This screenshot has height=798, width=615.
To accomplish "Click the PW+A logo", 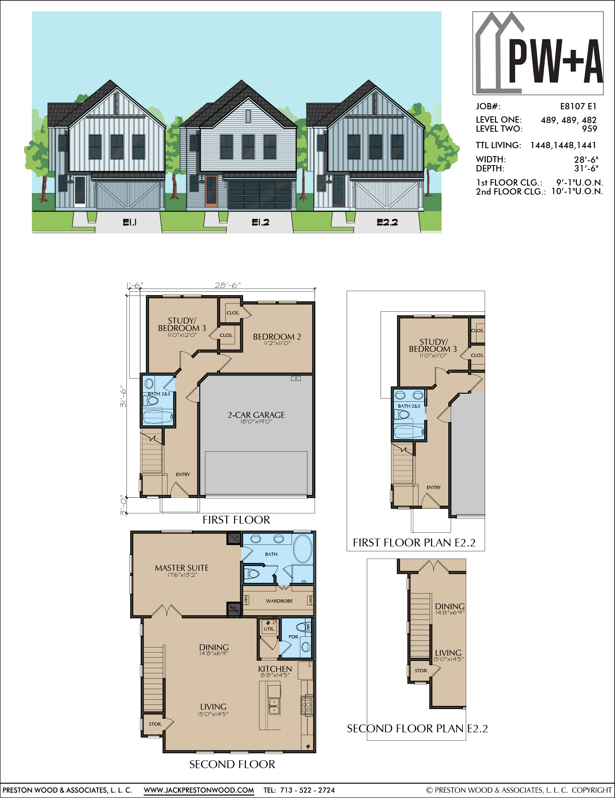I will pos(538,53).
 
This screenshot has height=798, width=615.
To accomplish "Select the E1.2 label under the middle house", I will pos(260,222).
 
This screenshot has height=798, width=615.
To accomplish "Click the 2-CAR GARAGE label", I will pos(256,415).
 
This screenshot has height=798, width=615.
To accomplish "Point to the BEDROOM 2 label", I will pos(277,337).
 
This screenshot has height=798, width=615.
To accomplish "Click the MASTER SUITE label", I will pos(182,568).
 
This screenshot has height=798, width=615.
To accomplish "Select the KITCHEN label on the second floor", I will pos(275,669).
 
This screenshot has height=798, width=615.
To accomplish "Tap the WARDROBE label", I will pos(279,601).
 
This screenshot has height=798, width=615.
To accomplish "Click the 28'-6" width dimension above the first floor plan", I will pos(227,285).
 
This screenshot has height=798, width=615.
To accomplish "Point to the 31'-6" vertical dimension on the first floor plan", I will pos(123,396).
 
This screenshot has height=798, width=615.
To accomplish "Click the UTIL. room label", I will pos(269,629).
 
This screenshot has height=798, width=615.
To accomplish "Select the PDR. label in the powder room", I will pos(294,637).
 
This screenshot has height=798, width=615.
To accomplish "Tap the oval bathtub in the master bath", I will pos(302,548).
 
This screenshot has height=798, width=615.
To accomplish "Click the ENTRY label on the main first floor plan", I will pos(183,474).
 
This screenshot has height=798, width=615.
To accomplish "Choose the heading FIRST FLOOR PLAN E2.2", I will pos(414,543).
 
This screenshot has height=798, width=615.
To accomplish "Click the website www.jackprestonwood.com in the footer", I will pos(199,790).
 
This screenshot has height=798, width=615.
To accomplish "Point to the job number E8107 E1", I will pos(578,106).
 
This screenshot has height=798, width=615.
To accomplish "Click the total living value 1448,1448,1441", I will pos(563,145).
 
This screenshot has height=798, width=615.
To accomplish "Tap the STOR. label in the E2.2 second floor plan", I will pos(421,671).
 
